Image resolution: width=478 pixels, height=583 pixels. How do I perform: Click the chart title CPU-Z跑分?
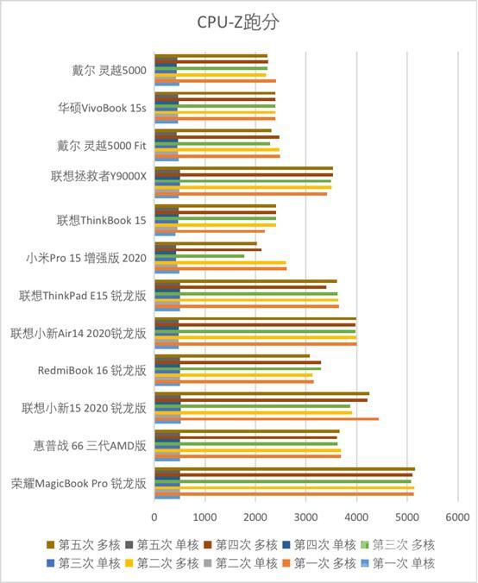(x=239, y=21)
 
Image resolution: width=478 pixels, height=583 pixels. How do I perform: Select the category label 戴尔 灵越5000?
(x=109, y=70)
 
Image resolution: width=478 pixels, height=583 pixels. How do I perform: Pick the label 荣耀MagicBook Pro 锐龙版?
(x=79, y=483)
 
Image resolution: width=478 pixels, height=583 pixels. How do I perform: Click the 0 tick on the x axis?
(x=154, y=517)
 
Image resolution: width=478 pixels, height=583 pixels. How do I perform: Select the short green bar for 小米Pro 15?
(x=199, y=255)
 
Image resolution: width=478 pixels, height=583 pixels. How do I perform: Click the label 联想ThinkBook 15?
(x=102, y=220)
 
